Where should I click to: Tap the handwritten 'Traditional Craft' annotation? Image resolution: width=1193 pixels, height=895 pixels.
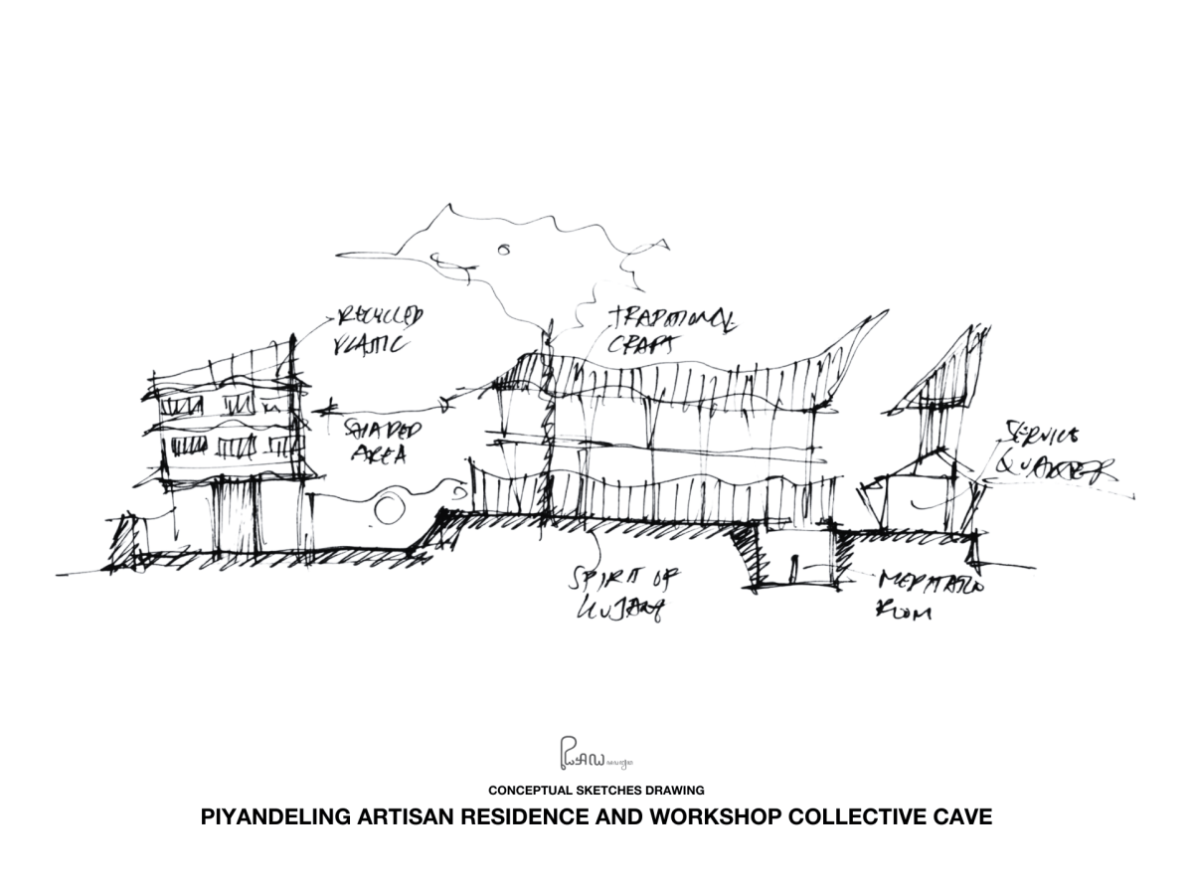(673, 331)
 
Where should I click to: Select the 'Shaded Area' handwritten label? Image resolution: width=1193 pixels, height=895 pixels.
(382, 439)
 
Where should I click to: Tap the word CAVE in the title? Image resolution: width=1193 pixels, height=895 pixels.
(959, 818)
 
